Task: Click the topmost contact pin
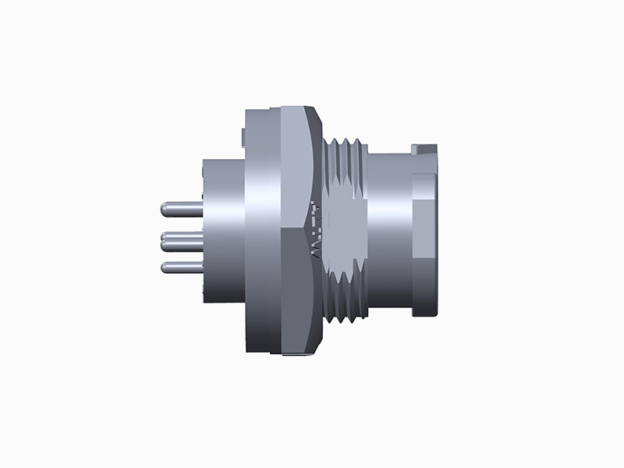[x=181, y=209]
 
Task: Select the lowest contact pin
[x=181, y=268]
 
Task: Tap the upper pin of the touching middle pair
[x=181, y=236]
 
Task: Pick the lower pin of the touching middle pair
[x=181, y=246]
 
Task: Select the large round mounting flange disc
[x=261, y=234]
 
